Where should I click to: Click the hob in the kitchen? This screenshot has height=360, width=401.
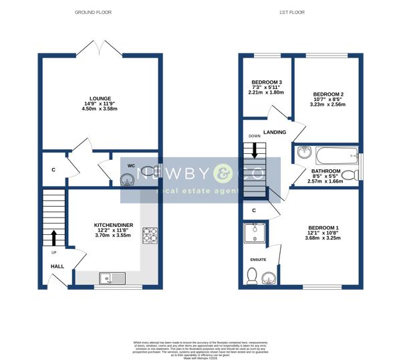(150, 236)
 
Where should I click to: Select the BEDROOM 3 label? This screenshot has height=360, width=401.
(265, 83)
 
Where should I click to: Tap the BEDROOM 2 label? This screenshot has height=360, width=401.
(328, 94)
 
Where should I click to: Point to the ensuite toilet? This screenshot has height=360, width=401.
(252, 275)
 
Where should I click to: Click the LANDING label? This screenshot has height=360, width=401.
(275, 132)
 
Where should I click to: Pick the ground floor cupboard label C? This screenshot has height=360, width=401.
(53, 169)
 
